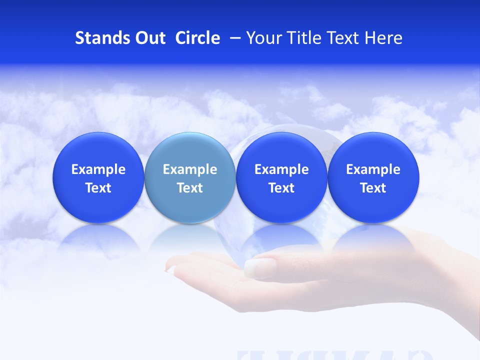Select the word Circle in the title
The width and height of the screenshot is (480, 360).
[197, 38]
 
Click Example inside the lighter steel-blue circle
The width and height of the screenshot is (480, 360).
[190, 169]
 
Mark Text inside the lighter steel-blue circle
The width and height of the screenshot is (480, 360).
[190, 188]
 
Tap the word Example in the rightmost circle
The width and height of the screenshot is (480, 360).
[373, 169]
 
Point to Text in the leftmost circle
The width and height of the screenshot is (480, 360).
[98, 188]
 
